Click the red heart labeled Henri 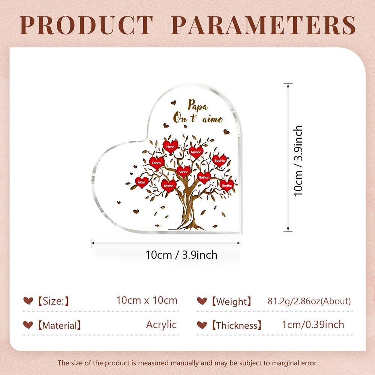[x=170, y=147]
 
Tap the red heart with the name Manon [x=196, y=152]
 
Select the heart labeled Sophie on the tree [x=219, y=161]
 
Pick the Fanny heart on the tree [x=157, y=163]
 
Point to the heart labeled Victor [x=183, y=172]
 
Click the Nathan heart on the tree [x=204, y=177]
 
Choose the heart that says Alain [x=142, y=183]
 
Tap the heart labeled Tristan [x=169, y=186]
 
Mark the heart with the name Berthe [x=227, y=186]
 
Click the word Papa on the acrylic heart [x=198, y=105]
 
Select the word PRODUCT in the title [x=86, y=25]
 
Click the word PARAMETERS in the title [x=263, y=25]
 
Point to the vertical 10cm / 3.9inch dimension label [x=298, y=161]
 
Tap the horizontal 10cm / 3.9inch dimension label [x=181, y=255]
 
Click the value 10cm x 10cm [x=147, y=300]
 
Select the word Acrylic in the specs [x=161, y=325]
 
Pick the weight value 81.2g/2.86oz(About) [x=309, y=301]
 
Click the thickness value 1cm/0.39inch [x=313, y=325]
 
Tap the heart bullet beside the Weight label [x=202, y=301]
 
